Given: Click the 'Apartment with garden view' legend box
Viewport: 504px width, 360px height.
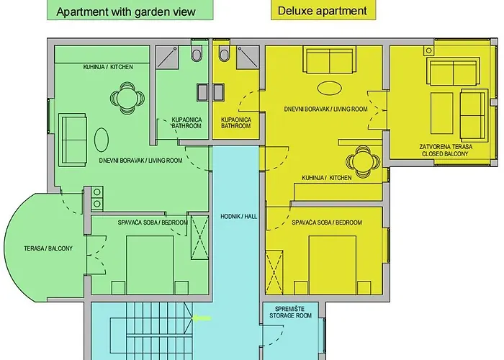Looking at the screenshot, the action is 130,9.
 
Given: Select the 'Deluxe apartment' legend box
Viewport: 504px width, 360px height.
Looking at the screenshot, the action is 323,9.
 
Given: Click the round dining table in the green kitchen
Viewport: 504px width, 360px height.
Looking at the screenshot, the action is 127,98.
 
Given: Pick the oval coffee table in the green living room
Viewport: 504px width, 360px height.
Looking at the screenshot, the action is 102,140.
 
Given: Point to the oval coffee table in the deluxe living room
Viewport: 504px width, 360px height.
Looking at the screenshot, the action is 330,88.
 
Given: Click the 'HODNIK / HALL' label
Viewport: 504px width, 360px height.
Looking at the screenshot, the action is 238,217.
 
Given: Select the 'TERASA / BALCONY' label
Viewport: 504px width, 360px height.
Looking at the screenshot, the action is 48,248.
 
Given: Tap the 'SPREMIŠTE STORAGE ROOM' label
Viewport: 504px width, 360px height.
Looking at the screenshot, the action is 291,312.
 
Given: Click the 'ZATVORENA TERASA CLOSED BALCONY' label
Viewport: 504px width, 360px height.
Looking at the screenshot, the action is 446,150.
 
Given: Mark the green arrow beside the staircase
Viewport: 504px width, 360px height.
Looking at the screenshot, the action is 202,318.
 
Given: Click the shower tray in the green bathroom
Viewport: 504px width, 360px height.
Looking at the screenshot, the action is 167,57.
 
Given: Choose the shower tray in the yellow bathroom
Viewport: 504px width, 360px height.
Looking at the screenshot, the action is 248,57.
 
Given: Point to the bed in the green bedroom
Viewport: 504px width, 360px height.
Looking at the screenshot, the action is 150,265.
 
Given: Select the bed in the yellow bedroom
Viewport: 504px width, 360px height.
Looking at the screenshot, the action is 333,265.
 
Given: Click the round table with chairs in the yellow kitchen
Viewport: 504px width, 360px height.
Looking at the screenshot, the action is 363,162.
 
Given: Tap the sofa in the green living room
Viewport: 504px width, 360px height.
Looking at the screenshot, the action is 72,140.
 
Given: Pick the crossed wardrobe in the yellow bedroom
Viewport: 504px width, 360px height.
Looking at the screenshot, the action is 274,273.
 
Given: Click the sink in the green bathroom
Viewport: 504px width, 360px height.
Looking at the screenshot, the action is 202,92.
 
